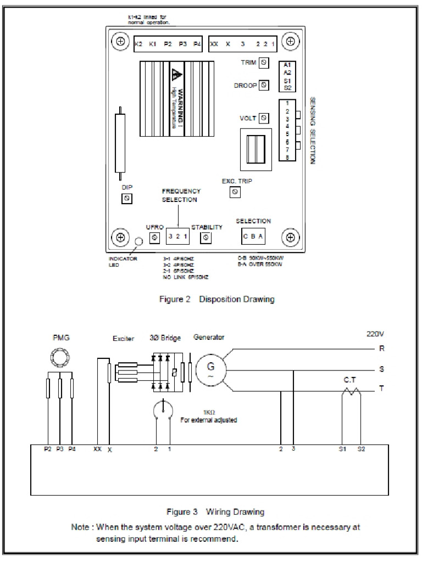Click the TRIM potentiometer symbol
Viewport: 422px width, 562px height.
pos(264,63)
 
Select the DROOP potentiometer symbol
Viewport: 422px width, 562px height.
pos(264,85)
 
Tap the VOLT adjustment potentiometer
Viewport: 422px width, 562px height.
pos(264,118)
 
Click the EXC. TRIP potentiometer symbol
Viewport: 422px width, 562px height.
pos(235,192)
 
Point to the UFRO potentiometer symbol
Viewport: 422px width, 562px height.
pos(154,237)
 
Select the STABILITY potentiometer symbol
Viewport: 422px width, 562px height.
pos(206,237)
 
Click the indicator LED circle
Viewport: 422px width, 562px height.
pos(140,241)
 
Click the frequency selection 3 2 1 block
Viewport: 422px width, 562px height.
pos(178,237)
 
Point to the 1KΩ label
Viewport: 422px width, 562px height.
pos(209,412)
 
